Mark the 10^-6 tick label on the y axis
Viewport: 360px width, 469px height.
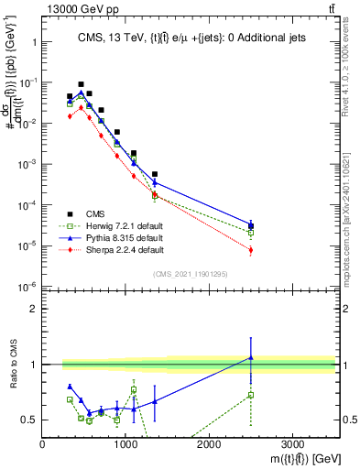coord(27,287)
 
